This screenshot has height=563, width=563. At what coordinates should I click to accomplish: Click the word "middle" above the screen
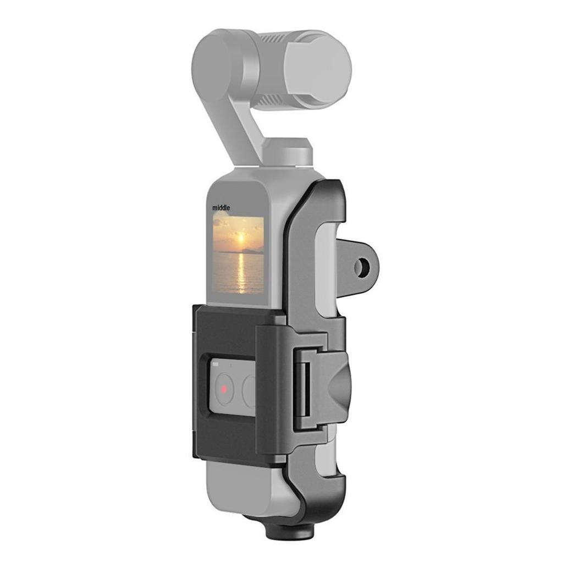[x=221, y=208]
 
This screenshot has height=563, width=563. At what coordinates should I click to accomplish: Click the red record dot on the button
[x=224, y=389]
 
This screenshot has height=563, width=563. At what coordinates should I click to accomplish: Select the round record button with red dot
[x=224, y=389]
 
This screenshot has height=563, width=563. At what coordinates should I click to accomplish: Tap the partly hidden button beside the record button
[x=249, y=391]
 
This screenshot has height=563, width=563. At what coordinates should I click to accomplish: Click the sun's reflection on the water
[x=241, y=272]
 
